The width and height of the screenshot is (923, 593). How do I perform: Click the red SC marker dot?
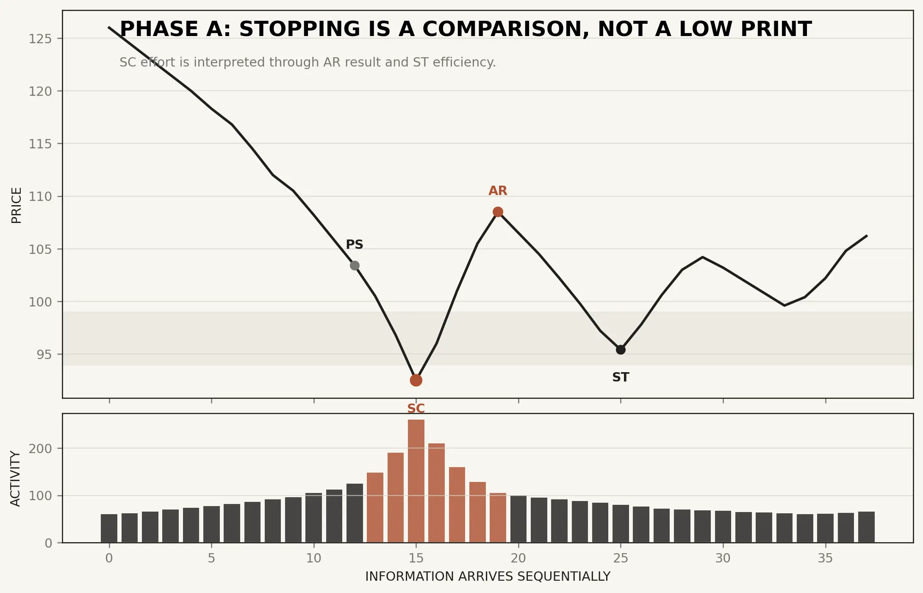(x=416, y=380)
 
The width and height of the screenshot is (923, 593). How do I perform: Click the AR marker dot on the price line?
(x=498, y=212)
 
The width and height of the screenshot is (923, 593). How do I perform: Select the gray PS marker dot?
(x=355, y=265)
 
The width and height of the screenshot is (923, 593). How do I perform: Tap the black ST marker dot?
(x=621, y=350)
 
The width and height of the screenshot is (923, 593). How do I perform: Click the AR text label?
(x=498, y=191)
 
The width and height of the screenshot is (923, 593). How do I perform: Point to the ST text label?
(x=621, y=377)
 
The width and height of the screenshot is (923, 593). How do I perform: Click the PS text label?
(x=355, y=245)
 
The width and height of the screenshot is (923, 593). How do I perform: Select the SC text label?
(x=416, y=408)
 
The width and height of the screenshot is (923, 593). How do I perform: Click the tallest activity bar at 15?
(x=416, y=481)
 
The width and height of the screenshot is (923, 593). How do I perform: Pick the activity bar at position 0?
(x=109, y=528)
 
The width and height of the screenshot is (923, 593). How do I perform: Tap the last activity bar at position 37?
(x=866, y=527)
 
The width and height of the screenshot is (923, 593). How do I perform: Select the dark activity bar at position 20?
(x=518, y=519)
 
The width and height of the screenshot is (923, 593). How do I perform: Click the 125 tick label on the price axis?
(x=40, y=39)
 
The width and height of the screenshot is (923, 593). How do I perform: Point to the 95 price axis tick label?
(x=44, y=354)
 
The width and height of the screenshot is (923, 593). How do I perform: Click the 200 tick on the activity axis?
(x=40, y=448)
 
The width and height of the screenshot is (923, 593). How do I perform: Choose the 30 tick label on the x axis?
(x=723, y=558)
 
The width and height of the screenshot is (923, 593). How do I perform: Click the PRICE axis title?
(x=16, y=205)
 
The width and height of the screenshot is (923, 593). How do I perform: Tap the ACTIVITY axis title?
(x=15, y=479)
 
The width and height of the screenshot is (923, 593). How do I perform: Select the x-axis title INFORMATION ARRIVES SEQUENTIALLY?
(x=488, y=576)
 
